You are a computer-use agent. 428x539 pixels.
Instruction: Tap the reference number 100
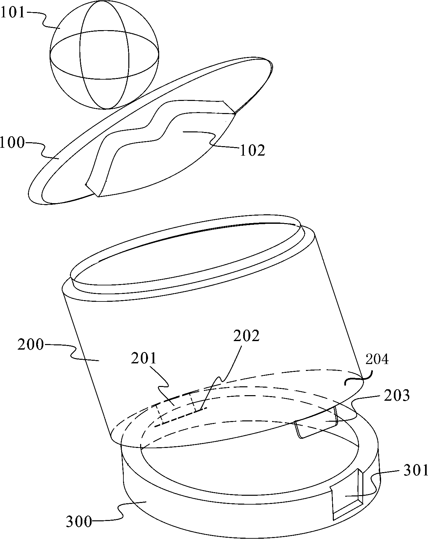pos(12,143)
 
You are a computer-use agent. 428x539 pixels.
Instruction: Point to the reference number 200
pos(30,345)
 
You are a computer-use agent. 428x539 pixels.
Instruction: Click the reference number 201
pos(145,359)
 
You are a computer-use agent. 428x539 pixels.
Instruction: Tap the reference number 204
pos(377,359)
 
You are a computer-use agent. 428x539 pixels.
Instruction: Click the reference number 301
pos(416,471)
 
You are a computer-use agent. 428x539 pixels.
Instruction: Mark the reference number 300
pos(79,522)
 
